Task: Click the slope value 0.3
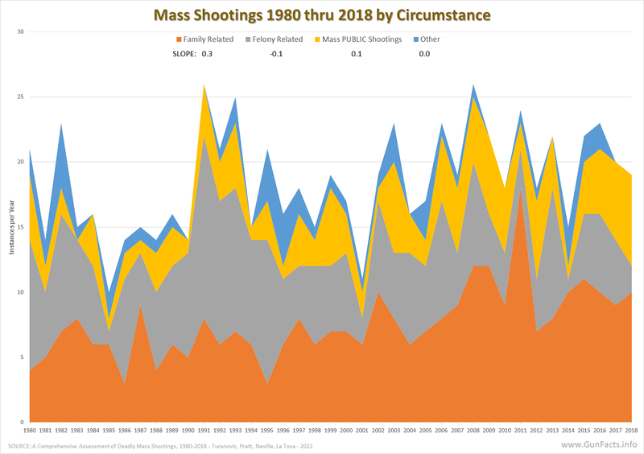click(x=208, y=54)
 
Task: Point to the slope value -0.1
click(x=276, y=54)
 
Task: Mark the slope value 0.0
click(x=424, y=54)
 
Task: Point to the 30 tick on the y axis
click(x=21, y=31)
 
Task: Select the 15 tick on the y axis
click(x=21, y=227)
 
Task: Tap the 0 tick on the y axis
click(x=23, y=422)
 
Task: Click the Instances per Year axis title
click(x=11, y=227)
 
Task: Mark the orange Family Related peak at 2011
click(x=520, y=193)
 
